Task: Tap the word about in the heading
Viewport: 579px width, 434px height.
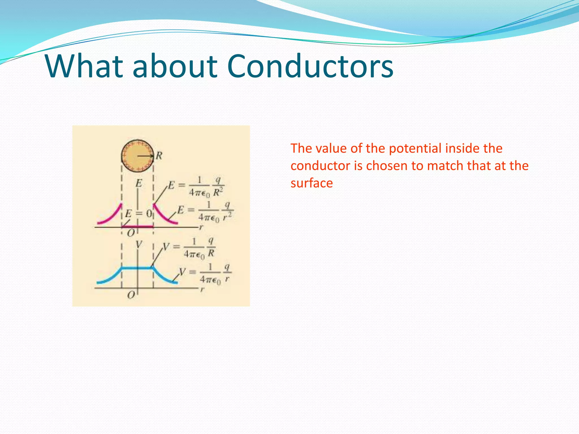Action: tap(175, 66)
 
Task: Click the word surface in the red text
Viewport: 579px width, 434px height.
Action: tap(312, 183)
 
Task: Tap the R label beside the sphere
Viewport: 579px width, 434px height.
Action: tap(159, 156)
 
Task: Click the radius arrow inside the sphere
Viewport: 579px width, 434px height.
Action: tap(145, 156)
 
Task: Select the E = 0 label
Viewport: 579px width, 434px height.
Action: tap(139, 213)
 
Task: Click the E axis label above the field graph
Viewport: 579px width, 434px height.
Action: tap(139, 183)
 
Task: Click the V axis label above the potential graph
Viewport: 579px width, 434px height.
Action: tap(139, 244)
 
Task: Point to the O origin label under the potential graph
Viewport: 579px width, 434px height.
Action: tap(131, 295)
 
